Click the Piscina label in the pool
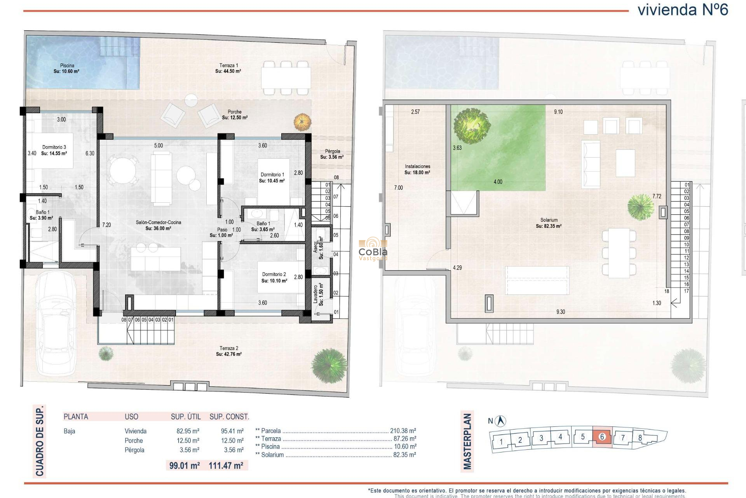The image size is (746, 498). (67, 68)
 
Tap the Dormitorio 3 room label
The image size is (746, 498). (54, 150)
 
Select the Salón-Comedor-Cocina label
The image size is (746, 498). (158, 225)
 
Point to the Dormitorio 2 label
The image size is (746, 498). (274, 277)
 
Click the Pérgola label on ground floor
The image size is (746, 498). (332, 154)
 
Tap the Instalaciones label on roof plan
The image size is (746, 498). (417, 169)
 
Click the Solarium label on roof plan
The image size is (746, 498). (549, 223)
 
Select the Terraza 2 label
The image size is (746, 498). (229, 351)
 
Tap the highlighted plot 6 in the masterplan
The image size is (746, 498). (602, 437)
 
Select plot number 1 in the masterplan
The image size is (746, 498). (501, 442)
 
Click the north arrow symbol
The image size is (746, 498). (501, 421)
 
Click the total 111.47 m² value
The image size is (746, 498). (226, 465)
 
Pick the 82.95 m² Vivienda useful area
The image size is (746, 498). (188, 431)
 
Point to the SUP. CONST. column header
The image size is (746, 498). (229, 417)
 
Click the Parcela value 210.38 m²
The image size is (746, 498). (403, 431)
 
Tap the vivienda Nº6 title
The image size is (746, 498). (683, 10)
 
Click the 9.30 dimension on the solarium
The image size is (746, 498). (560, 312)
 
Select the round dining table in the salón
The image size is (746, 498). (123, 170)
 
